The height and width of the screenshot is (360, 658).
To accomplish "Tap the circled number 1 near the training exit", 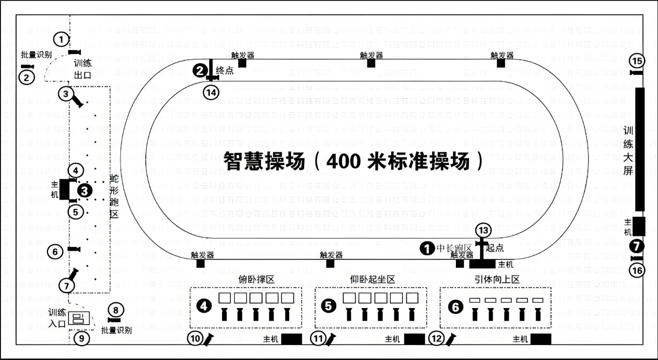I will point(61,38).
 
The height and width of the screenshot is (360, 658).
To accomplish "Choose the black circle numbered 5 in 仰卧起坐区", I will point(329,306).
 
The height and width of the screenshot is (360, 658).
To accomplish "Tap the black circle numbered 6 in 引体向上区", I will point(455,307).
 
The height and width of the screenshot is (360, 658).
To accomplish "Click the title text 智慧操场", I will point(264,160).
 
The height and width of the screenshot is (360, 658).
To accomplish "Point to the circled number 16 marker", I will point(638,271).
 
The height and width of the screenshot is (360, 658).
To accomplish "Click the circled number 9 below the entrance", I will point(82,338).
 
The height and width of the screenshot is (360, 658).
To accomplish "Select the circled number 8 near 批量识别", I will point(115,310).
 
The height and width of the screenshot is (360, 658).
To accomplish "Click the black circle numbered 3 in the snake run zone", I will point(85,190).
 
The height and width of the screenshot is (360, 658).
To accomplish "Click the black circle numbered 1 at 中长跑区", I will point(427,248).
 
